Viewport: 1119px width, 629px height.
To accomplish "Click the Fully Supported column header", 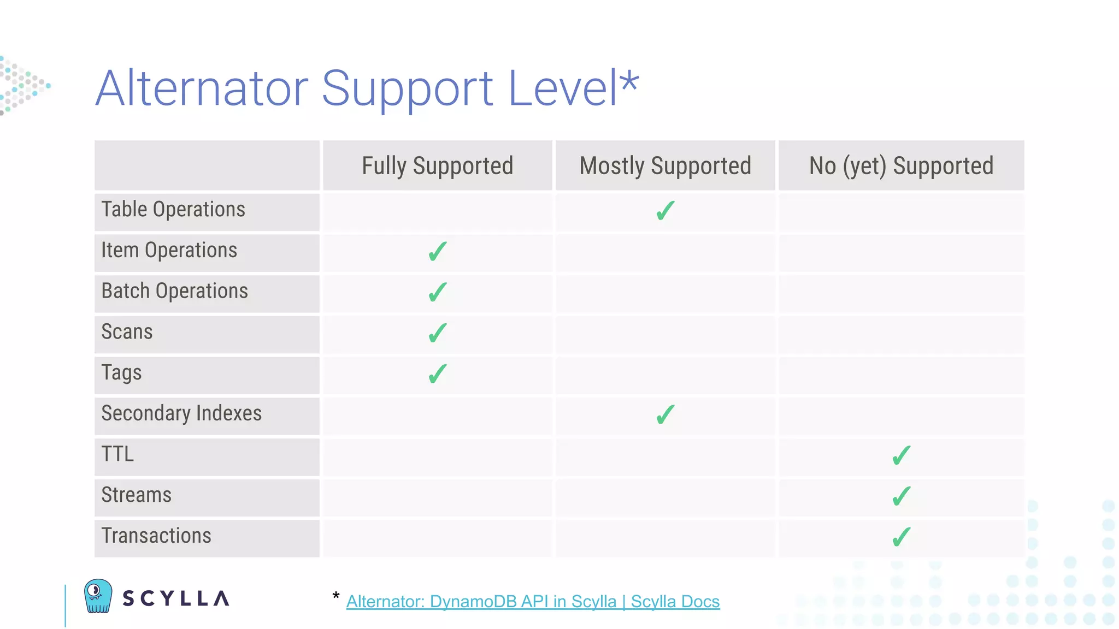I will coord(437,165).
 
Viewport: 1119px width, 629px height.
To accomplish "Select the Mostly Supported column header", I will coord(665,165).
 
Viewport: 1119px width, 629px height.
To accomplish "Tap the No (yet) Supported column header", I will coord(901,165).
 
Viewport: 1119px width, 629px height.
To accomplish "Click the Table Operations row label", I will coord(173,210).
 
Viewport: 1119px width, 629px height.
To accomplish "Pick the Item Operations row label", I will coord(169,251).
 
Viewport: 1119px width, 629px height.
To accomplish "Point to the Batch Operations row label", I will coord(175,291).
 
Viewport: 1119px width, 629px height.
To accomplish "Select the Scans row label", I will coord(127,332).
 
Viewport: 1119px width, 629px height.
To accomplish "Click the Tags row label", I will coord(122,373).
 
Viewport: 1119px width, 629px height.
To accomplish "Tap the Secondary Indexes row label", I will coord(181,413).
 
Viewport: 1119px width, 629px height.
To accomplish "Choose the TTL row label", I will coord(117,454).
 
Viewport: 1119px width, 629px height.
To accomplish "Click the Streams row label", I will coord(137,495).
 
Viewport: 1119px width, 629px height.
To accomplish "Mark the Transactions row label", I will coord(156,536).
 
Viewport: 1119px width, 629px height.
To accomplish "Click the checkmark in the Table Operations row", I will coord(665,211).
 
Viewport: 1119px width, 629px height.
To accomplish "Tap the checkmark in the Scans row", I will coord(438,333).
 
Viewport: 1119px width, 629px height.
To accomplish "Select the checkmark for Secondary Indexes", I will coord(665,415).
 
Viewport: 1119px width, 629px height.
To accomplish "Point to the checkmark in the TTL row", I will coord(902,455).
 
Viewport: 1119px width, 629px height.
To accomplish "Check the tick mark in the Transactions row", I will coord(902,537).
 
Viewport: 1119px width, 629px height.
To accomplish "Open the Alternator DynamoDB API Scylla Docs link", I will coord(533,601).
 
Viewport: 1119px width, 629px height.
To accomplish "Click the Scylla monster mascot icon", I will coord(98,596).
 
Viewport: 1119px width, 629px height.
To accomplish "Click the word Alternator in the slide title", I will coord(202,88).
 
